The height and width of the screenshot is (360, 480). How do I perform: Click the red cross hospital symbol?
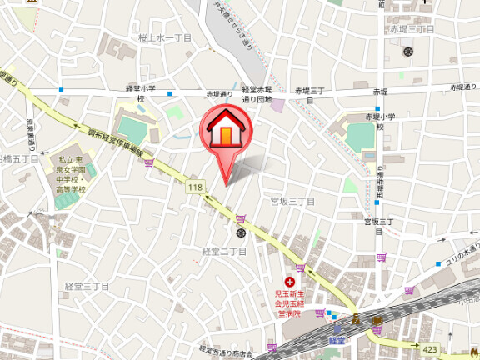click(x=290, y=282)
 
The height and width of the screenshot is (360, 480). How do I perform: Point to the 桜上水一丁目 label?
click(x=165, y=38)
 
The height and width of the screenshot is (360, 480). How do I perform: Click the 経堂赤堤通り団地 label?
click(x=257, y=94)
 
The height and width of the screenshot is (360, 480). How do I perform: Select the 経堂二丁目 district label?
click(x=224, y=251)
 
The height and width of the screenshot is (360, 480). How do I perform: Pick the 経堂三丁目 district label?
click(x=87, y=286)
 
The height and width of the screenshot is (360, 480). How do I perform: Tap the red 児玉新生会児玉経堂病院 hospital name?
click(x=292, y=303)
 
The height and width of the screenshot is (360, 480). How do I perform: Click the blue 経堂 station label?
click(x=337, y=340)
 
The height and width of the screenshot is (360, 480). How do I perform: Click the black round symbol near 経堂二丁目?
click(x=242, y=232)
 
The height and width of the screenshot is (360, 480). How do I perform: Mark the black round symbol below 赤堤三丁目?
click(x=408, y=52)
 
